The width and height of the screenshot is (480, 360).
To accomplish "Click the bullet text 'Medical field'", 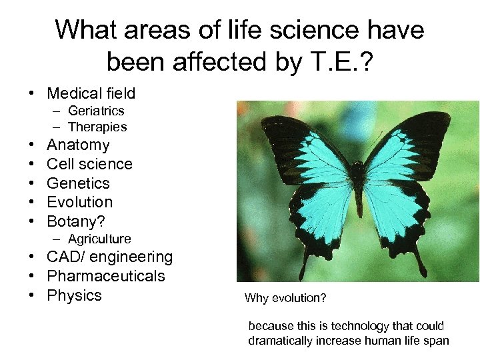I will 91,93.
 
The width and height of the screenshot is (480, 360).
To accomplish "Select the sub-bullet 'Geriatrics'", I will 96,111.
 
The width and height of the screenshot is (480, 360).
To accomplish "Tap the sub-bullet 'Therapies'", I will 97,127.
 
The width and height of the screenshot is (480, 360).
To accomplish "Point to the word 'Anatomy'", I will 78,145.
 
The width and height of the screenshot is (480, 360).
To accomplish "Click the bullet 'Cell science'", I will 89,164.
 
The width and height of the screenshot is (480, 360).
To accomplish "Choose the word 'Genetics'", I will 78,183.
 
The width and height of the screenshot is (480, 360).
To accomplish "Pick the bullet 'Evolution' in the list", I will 79,202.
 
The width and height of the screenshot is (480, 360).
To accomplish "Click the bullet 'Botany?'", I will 76,221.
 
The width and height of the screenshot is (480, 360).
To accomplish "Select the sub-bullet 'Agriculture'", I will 99,239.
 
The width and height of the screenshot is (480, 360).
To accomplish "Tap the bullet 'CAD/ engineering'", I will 109,257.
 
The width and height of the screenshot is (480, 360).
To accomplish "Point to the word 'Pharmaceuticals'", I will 105,276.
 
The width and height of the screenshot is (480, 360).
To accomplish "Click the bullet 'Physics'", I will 74,295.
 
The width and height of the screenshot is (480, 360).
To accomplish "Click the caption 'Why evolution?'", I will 285,298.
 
